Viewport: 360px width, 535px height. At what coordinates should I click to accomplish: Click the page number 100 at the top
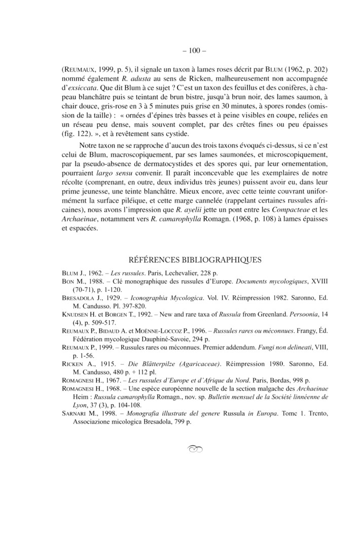click(180, 51)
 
